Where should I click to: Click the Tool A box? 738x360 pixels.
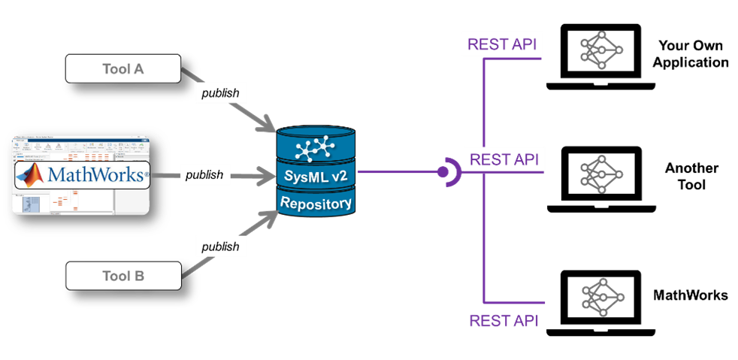click(123, 69)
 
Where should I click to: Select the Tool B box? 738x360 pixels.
click(123, 276)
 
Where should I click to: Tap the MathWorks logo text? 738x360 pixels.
click(95, 175)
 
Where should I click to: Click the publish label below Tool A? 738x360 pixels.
click(219, 93)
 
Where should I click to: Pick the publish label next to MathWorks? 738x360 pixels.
click(204, 175)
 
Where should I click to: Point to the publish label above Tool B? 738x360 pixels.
click(219, 247)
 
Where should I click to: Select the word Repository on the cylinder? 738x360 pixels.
click(316, 203)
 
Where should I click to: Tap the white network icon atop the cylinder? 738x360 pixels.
click(315, 147)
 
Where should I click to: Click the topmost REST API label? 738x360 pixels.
click(501, 44)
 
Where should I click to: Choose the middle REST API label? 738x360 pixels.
click(504, 160)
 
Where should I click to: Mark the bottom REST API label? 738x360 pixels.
click(504, 321)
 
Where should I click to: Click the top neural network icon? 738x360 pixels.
click(601, 50)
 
